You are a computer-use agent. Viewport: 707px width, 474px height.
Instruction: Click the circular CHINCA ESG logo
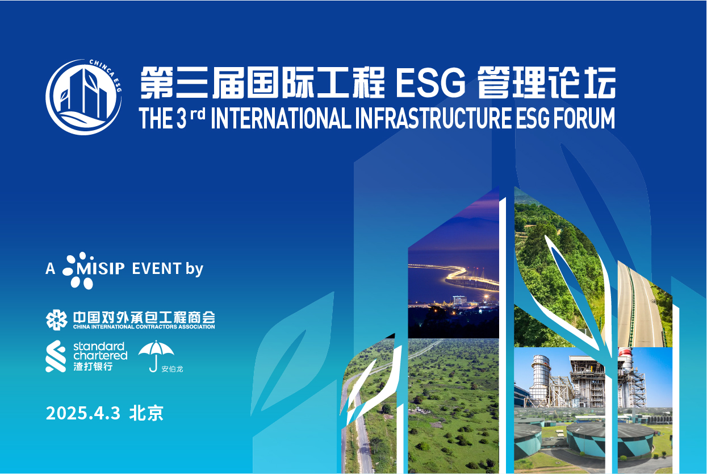[83, 97]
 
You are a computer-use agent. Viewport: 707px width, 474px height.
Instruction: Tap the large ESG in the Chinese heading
[431, 83]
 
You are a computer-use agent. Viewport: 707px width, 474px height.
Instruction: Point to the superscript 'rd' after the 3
[198, 114]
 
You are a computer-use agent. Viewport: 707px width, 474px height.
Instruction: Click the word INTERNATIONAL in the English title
[281, 118]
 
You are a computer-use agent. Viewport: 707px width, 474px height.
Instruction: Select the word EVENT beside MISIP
[157, 269]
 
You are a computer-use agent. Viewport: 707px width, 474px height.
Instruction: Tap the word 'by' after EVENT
[194, 269]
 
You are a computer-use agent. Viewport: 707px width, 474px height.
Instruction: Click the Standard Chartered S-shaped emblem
[56, 356]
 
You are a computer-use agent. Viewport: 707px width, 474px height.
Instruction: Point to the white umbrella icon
[156, 356]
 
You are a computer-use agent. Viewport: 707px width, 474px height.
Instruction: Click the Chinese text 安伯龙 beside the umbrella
[172, 369]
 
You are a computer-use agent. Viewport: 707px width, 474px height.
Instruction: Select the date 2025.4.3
[83, 413]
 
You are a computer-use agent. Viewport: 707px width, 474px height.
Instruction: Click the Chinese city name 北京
[146, 413]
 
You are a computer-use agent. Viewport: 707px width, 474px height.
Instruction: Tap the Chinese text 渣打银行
[93, 367]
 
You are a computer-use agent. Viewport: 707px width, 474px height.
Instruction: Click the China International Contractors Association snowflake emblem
[56, 320]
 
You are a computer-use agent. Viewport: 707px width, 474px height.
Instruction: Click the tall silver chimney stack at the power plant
[540, 381]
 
